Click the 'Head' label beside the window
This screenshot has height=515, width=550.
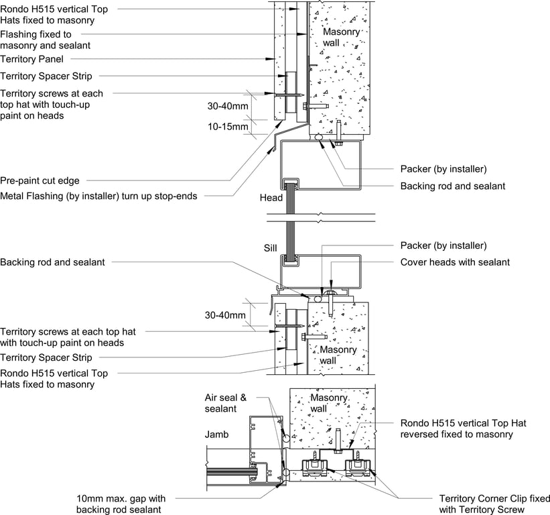point(271,198)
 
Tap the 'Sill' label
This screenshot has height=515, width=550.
point(270,248)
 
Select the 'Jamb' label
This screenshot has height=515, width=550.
point(216,435)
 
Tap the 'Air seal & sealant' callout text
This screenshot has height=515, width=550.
point(225,403)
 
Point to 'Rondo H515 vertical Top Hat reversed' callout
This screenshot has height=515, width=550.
point(456,428)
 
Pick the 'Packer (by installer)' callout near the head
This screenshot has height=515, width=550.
point(443,168)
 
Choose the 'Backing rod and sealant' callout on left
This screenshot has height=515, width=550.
point(52,262)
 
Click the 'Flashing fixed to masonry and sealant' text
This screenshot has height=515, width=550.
point(45,40)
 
